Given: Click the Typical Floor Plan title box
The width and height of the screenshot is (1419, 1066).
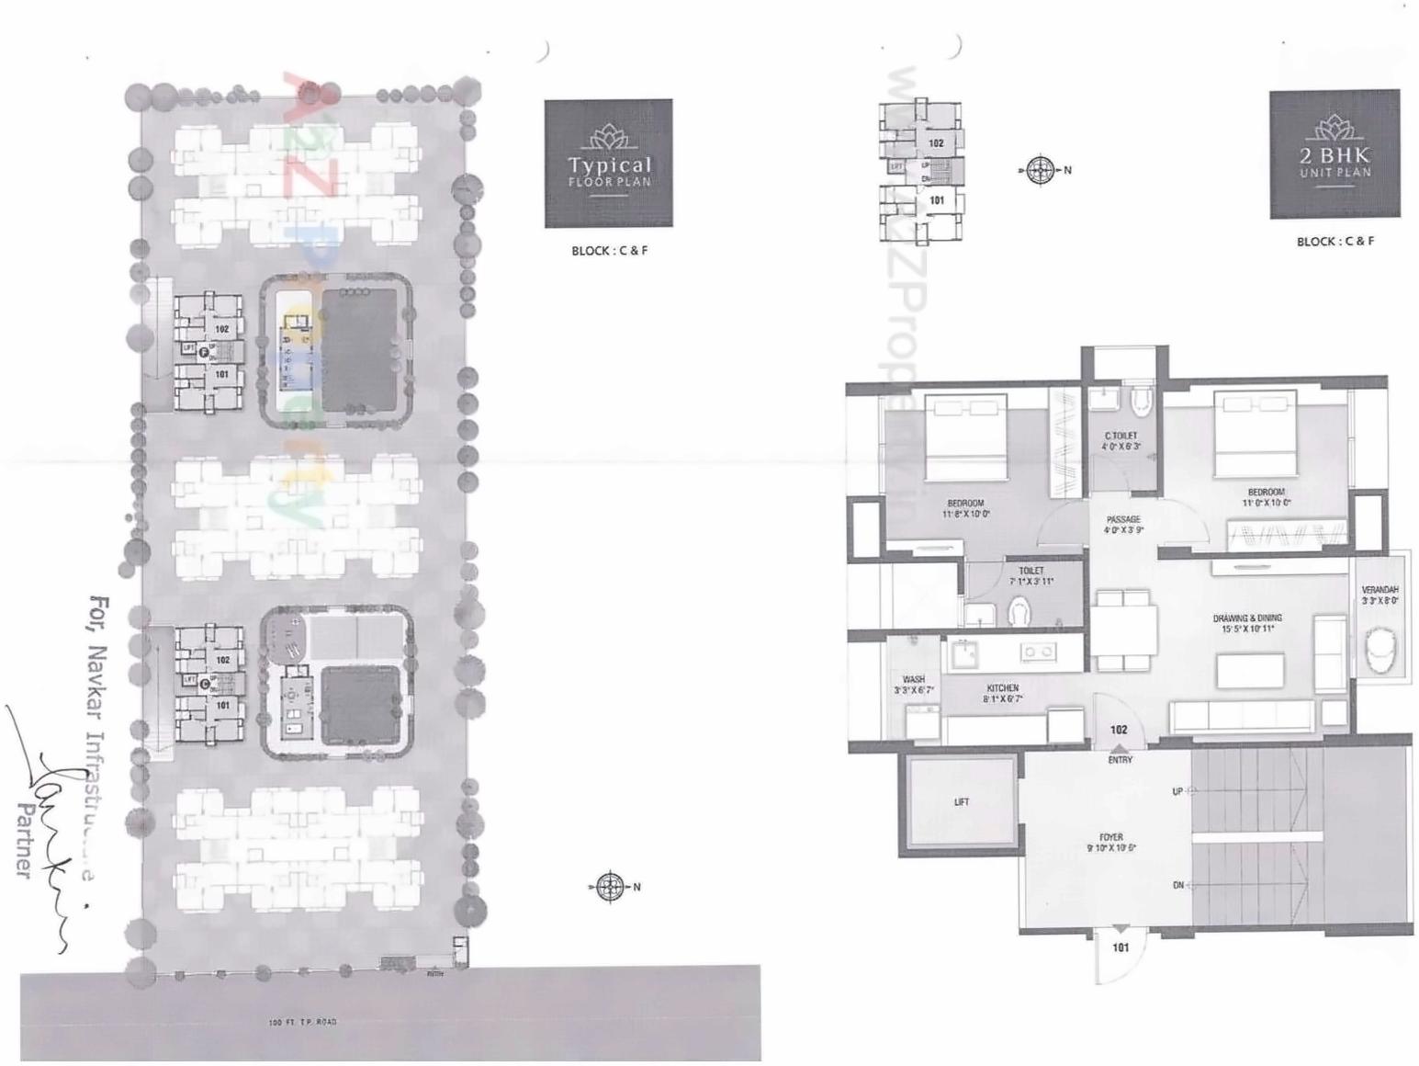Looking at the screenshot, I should (x=608, y=164).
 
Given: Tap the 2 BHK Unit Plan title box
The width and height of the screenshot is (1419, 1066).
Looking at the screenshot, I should (x=1335, y=154).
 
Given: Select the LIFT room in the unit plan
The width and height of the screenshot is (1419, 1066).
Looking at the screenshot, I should (x=962, y=802).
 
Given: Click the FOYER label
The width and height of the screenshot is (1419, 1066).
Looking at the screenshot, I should (x=1110, y=837).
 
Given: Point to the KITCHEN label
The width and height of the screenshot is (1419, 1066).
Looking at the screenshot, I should (x=1002, y=687).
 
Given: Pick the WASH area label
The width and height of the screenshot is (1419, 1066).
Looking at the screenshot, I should (x=913, y=680).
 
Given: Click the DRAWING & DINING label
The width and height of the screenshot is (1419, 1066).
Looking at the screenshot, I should (x=1246, y=618).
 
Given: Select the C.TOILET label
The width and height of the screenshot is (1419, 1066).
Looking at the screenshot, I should (x=1121, y=436).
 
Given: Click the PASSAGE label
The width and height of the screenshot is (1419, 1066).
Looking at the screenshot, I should (x=1122, y=520).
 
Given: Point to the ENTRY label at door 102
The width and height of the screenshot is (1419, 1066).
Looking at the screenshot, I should (x=1120, y=760).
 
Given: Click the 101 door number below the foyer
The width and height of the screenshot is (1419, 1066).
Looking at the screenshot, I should (x=1121, y=947).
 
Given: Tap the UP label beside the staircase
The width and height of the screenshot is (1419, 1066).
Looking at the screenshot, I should (x=1177, y=791).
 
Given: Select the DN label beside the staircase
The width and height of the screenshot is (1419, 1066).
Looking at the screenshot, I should (x=1177, y=885).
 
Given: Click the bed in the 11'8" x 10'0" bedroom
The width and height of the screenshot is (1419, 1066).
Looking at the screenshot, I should (x=965, y=437).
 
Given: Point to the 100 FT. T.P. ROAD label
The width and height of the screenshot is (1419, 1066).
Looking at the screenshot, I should (x=302, y=1022).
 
